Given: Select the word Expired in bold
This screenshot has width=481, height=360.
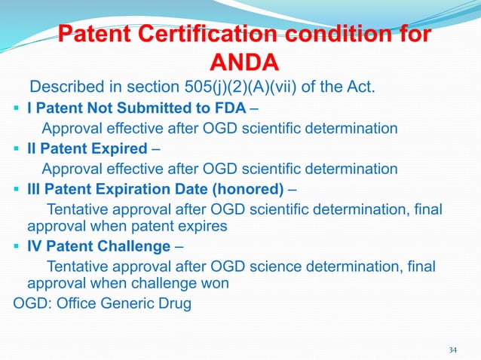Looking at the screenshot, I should tap(123, 147).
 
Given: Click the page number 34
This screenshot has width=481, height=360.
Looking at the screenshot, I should tap(453, 349).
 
